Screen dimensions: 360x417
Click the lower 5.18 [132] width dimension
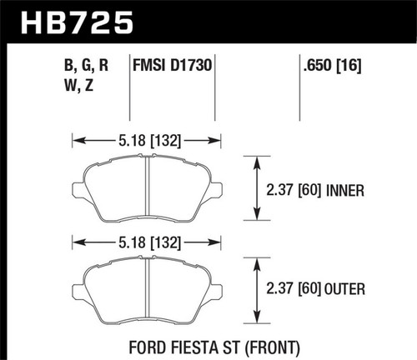[x=147, y=242]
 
